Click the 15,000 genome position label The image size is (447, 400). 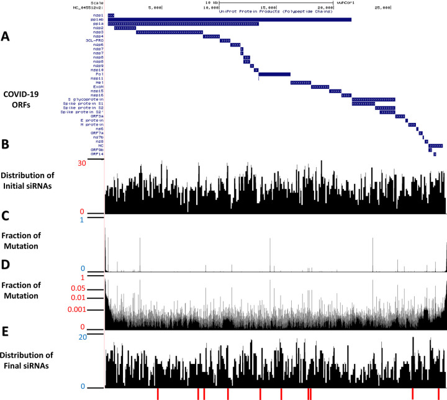(x=268, y=8)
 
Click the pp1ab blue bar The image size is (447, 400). (x=229, y=19)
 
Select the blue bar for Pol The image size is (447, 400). (x=274, y=74)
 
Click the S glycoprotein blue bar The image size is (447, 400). (x=373, y=99)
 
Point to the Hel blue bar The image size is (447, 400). (x=300, y=82)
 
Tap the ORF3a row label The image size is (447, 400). (x=96, y=116)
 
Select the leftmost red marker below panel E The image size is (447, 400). (x=158, y=394)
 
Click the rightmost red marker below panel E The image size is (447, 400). (x=439, y=394)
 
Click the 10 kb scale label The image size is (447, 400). (x=210, y=2)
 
